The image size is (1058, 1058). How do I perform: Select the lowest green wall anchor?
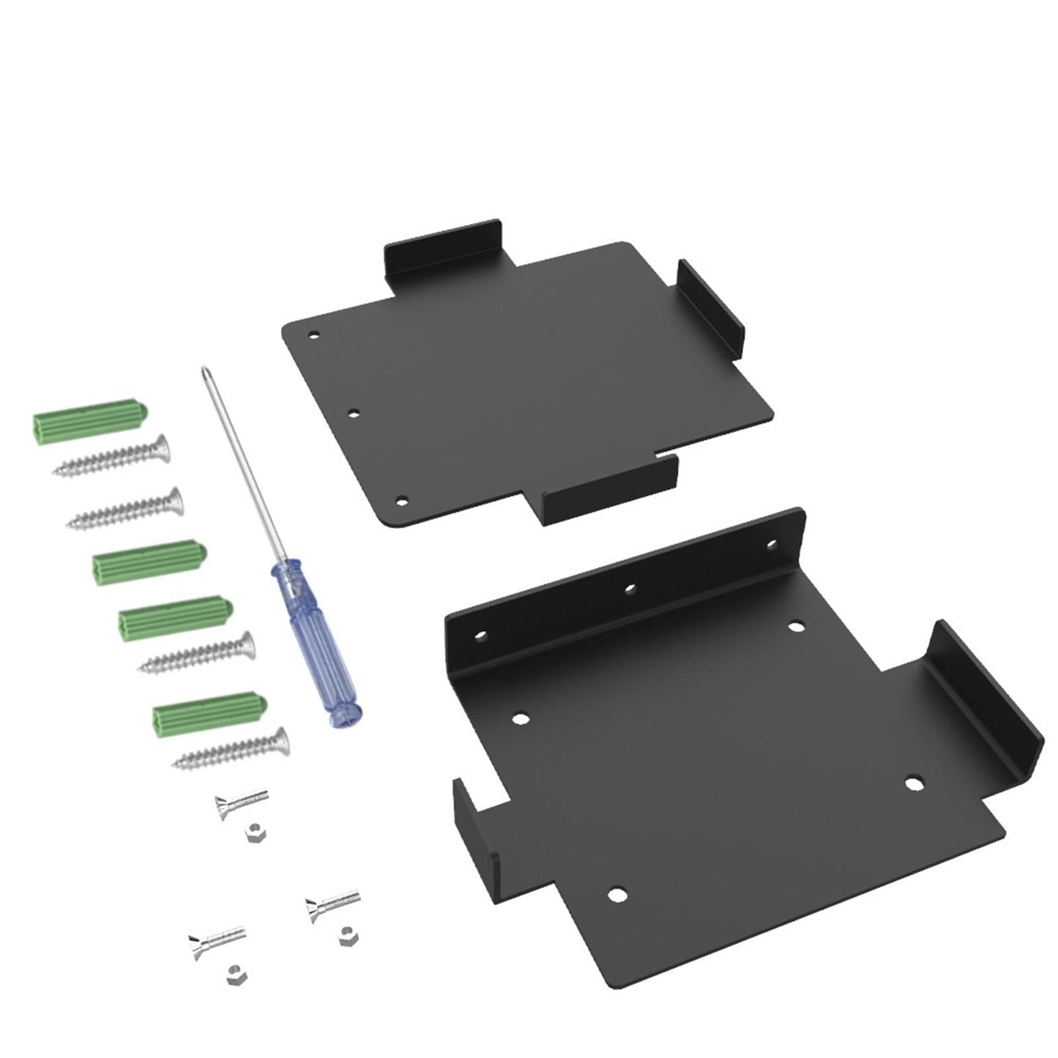209,712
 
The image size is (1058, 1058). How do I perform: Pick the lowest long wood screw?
230,748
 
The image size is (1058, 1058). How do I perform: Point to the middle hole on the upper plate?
354,414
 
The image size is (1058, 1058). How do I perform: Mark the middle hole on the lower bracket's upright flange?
629,586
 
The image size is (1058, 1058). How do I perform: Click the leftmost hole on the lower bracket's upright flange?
480,635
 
